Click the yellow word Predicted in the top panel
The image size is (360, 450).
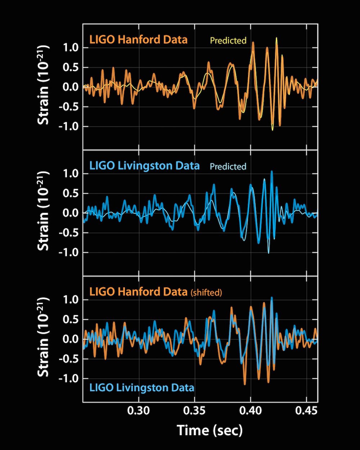click(228, 40)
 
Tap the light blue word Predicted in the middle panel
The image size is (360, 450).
click(228, 167)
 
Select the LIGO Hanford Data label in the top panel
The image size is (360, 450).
click(139, 39)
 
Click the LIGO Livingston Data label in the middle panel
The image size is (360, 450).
click(144, 166)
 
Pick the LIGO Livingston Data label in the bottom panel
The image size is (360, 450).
click(142, 388)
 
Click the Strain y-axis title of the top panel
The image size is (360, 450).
click(44, 86)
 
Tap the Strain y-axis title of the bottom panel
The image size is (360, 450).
click(44, 338)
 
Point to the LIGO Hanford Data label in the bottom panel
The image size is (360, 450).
click(139, 292)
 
